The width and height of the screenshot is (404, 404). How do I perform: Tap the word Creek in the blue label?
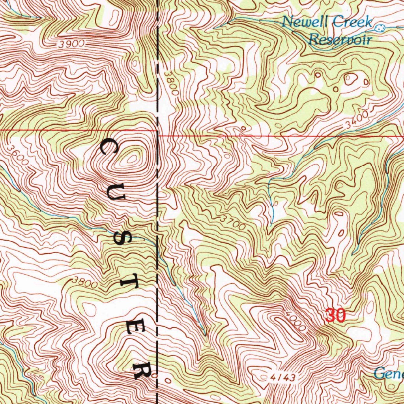pos(352,22)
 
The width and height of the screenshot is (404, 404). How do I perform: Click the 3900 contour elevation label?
pos(71,44)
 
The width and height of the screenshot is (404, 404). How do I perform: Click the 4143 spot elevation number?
pos(283,378)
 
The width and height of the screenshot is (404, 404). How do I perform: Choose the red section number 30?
pos(336,316)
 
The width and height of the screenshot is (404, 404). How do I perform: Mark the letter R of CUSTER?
pos(141,369)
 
